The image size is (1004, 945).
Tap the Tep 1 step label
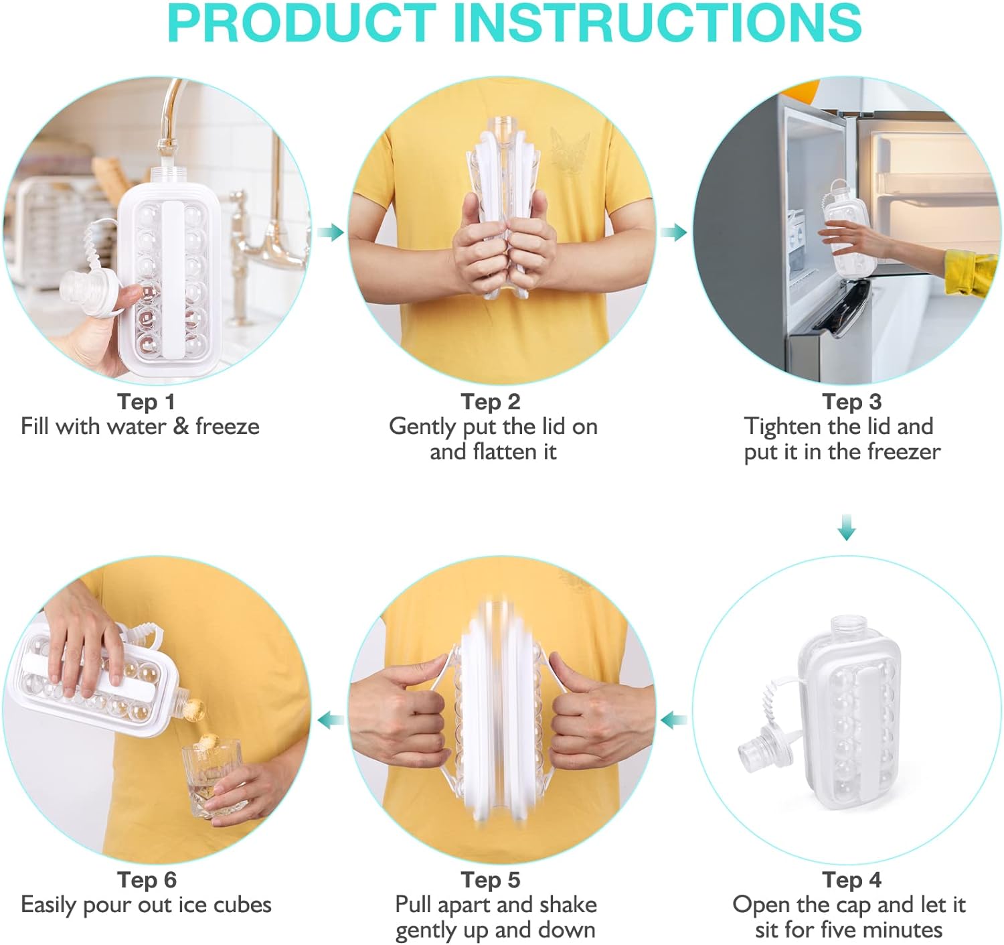[x=146, y=402]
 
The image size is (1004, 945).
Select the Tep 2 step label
[x=491, y=402]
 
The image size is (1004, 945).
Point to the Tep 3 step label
[x=851, y=402]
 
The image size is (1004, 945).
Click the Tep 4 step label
[x=851, y=880]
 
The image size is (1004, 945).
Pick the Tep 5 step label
[x=491, y=880]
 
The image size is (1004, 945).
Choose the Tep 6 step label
[x=146, y=880]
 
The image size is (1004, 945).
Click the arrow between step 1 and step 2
[x=331, y=233]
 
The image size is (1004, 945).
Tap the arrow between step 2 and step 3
[x=674, y=233]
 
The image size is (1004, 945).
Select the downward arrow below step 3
[x=847, y=528]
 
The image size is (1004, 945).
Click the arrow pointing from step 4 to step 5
[x=674, y=721]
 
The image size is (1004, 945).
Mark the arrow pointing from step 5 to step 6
[x=331, y=721]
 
